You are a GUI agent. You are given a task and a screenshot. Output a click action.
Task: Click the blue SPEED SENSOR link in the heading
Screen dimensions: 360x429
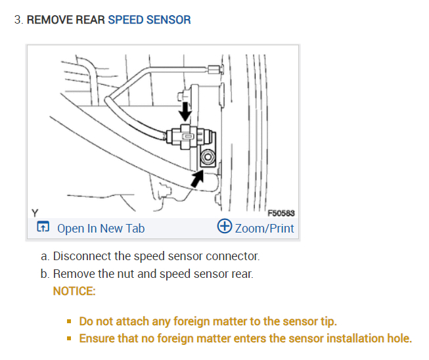[149, 20]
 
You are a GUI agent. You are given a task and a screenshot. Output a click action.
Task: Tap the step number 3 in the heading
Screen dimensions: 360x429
[17, 20]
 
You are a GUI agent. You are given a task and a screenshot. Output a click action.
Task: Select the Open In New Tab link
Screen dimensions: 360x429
[101, 229]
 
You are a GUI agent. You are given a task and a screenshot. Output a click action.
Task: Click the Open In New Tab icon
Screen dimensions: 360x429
[43, 228]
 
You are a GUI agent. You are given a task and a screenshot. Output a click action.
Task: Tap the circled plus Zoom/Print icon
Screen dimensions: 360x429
[224, 227]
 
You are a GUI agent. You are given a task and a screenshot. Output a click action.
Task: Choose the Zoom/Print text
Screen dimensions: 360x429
[265, 229]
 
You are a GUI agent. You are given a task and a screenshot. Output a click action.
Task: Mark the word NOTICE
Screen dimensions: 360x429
[74, 290]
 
